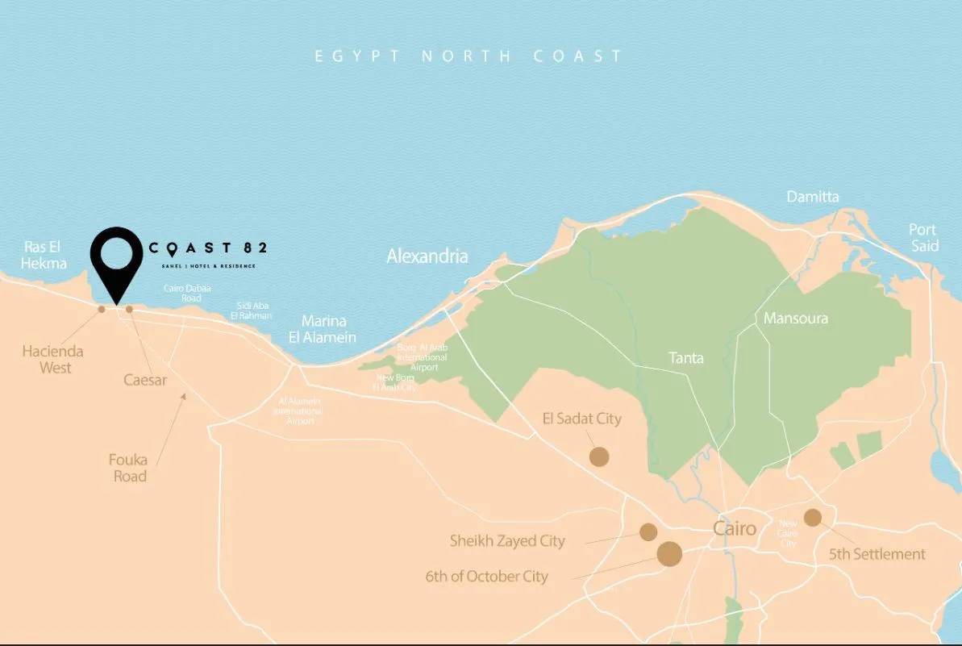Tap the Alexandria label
click(x=427, y=256)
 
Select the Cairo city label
click(x=735, y=529)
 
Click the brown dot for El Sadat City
click(x=598, y=456)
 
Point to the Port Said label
click(x=924, y=238)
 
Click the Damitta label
click(x=813, y=197)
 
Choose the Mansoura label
click(x=796, y=318)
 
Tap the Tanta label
click(x=686, y=357)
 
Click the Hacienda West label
click(x=52, y=360)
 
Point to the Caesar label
click(x=145, y=379)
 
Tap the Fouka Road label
click(x=129, y=468)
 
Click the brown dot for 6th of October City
click(x=669, y=554)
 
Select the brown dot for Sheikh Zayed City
click(x=648, y=531)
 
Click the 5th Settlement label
click(x=877, y=554)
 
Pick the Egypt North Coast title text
click(x=469, y=56)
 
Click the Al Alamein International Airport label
click(x=299, y=411)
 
